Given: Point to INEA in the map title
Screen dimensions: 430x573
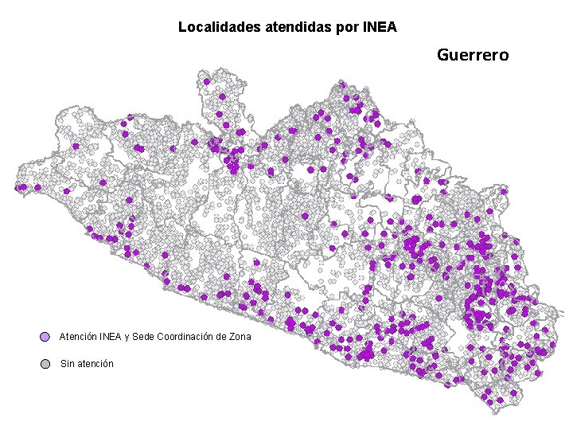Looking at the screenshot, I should point(380,27).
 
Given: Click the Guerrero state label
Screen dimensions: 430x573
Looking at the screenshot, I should point(473,55).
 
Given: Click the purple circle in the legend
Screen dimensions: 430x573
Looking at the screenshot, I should point(45,337).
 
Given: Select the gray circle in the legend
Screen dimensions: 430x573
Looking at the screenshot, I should point(45,364).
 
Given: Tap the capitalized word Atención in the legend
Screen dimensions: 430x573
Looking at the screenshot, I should point(78,337).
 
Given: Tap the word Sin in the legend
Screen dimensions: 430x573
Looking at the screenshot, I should point(67,364).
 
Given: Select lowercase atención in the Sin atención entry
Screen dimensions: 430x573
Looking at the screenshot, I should point(95,364).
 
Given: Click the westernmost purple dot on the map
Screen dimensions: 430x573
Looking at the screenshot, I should point(18,188).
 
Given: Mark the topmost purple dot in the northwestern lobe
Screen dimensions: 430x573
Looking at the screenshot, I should point(206,81).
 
